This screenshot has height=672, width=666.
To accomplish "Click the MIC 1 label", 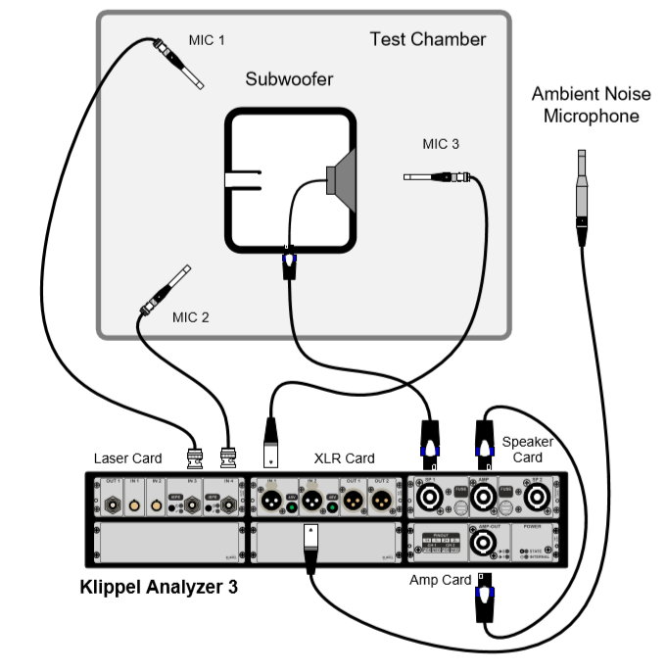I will coord(207,40).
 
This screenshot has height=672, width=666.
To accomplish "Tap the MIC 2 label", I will coord(191,316).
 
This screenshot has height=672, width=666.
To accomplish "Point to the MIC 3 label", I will coord(440,144).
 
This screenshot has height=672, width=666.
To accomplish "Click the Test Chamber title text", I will coord(427,40).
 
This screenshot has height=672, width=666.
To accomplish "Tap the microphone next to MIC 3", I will coord(437,177).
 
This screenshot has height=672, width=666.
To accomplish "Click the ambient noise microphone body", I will coord(581,197).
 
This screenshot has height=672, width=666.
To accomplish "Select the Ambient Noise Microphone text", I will coord(585,105).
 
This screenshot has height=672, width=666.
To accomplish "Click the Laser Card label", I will coord(127,457).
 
